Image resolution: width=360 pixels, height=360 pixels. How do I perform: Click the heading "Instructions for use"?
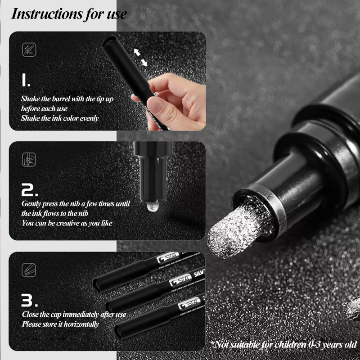[x=68, y=13]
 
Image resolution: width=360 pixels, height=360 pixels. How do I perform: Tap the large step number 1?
[x=26, y=81]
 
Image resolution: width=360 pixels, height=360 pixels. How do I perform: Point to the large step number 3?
[x=31, y=300]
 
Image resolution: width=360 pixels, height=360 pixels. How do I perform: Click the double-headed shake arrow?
[x=141, y=58]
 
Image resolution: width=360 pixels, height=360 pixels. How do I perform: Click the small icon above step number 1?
[x=29, y=49]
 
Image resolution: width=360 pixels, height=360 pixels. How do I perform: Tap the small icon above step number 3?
[x=29, y=270]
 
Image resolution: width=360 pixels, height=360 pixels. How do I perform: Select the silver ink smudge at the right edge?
[x=351, y=309]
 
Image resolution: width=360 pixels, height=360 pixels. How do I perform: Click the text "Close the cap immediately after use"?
[x=74, y=315]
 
